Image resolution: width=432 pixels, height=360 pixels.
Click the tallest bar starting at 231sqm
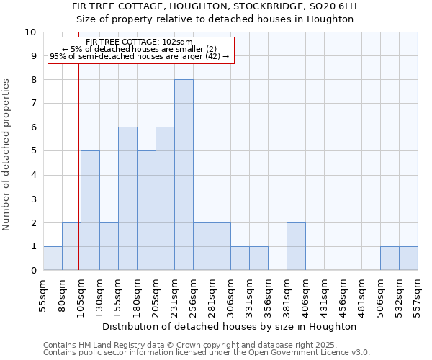point(184,175)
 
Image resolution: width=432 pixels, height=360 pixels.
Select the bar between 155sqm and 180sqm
point(127,199)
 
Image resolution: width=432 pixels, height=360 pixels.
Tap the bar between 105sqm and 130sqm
point(90,210)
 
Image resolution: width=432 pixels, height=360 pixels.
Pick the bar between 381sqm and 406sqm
point(296,246)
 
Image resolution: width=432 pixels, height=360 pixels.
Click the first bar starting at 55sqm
point(53,258)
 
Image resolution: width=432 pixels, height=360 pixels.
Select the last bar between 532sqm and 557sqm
point(408,258)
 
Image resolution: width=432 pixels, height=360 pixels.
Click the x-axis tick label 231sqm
point(179,294)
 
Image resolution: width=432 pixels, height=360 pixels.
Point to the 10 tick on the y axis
point(30,32)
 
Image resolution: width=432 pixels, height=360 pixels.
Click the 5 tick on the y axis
point(33,151)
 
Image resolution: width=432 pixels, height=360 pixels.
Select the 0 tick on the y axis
point(33,271)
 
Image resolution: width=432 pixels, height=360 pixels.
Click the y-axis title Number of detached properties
point(7,155)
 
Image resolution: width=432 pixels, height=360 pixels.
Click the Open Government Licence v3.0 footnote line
point(207,353)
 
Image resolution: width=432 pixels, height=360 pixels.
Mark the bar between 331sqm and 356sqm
point(258,258)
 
